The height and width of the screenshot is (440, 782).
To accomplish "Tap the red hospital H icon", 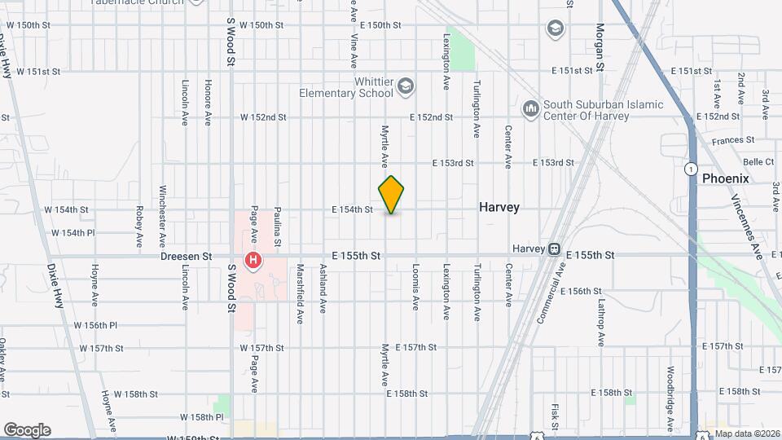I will coord(254,261).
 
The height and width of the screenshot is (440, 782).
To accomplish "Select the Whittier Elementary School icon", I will coord(406,86).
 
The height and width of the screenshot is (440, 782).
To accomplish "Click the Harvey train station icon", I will coord(554,249).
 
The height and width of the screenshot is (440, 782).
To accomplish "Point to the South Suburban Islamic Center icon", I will coord(531,108).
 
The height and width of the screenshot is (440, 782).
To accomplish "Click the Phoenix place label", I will coord(725,178).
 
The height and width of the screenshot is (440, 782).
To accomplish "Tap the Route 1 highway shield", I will coord(691,169).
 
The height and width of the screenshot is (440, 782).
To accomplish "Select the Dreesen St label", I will coord(186,256).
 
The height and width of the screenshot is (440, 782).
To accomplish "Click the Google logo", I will coord(27,429).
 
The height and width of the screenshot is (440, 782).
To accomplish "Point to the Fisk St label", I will coord(554,416).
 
